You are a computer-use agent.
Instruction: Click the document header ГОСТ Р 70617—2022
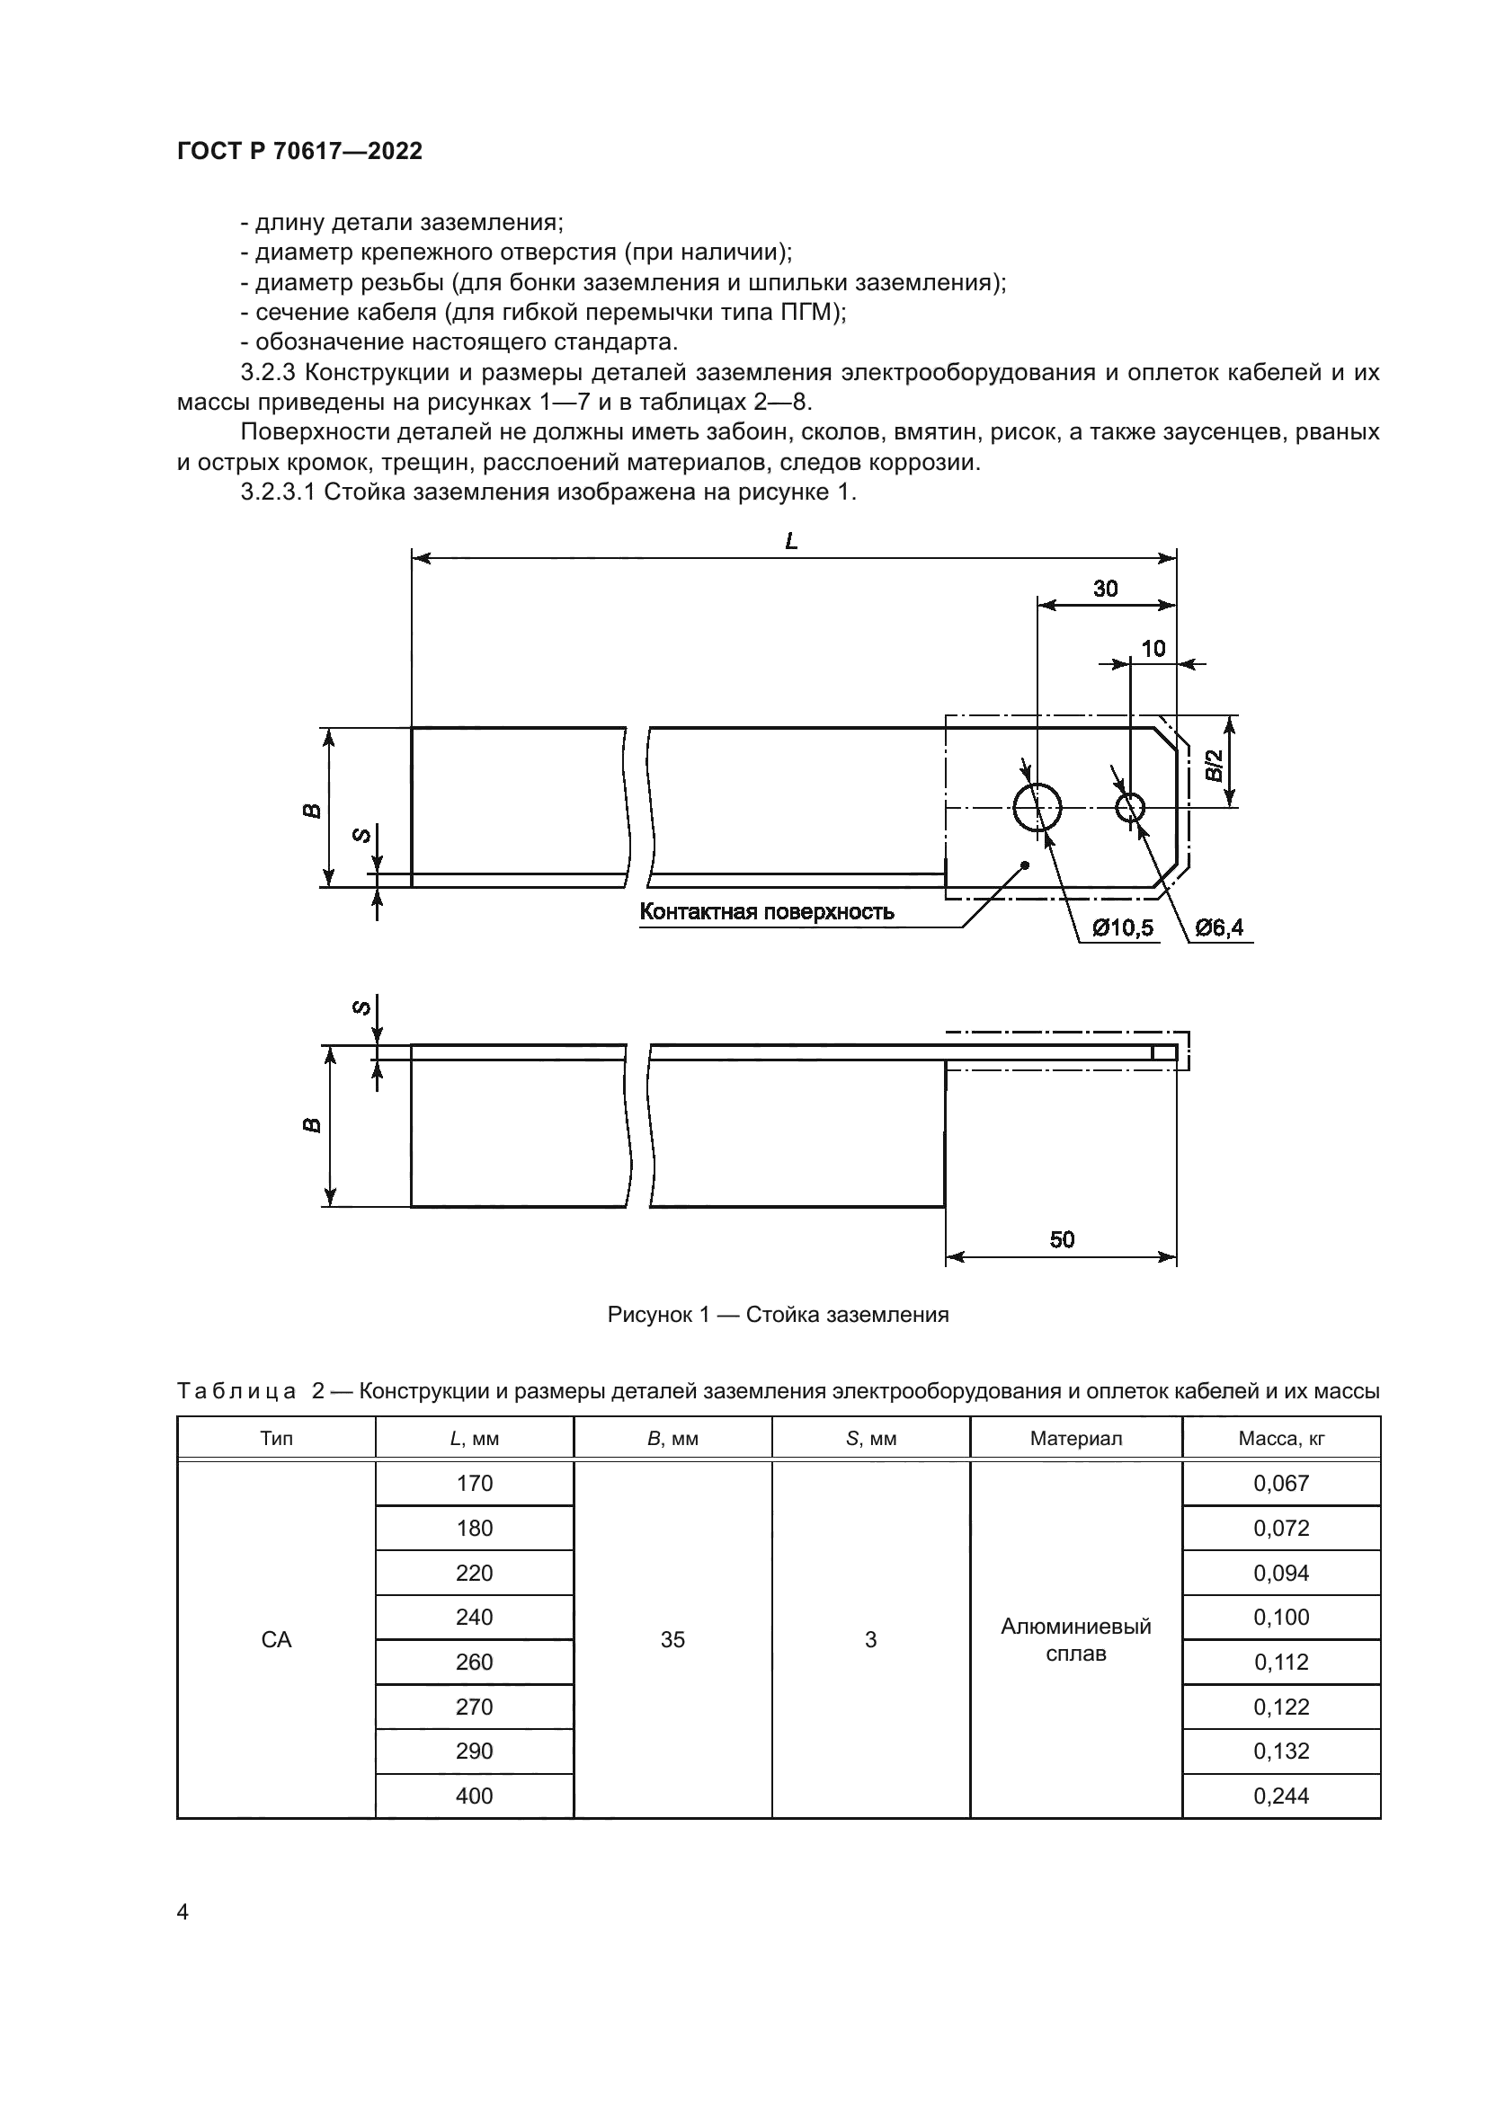pyautogui.click(x=299, y=152)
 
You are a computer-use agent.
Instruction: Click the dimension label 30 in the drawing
pyautogui.click(x=1105, y=589)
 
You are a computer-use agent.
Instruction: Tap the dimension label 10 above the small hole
pyautogui.click(x=1153, y=649)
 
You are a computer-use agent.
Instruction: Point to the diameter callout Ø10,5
pyautogui.click(x=1123, y=928)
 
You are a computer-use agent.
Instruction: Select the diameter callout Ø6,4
pyautogui.click(x=1220, y=928)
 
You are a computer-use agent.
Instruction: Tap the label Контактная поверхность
pyautogui.click(x=766, y=912)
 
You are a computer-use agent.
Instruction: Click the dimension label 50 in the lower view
pyautogui.click(x=1061, y=1239)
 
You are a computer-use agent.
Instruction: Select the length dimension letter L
pyautogui.click(x=792, y=542)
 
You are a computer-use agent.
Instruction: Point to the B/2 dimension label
pyautogui.click(x=1213, y=765)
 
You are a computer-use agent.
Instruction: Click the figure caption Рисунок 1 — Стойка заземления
pyautogui.click(x=779, y=1315)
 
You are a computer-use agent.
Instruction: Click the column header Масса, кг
pyautogui.click(x=1281, y=1438)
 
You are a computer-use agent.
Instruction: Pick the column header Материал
pyautogui.click(x=1076, y=1438)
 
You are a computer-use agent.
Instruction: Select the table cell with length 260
pyautogui.click(x=475, y=1662)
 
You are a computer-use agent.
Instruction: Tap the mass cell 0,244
pyautogui.click(x=1281, y=1796)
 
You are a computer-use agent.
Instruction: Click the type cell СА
pyautogui.click(x=277, y=1640)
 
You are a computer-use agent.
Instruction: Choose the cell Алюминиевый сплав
pyautogui.click(x=1076, y=1640)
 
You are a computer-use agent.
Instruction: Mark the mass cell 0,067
pyautogui.click(x=1281, y=1483)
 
